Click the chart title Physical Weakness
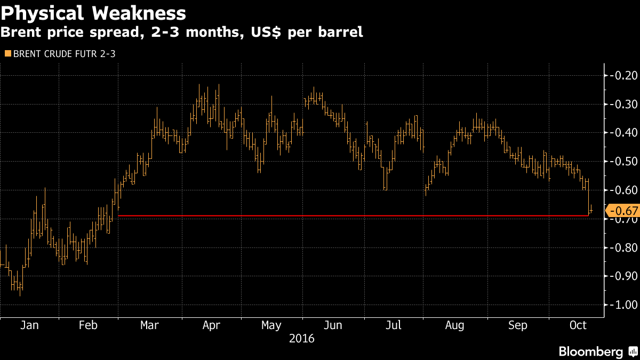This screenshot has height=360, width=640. tap(93, 13)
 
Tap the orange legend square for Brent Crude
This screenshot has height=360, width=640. tap(7, 53)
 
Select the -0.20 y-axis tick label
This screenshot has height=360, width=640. tap(623, 75)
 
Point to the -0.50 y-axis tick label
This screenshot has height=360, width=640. tap(623, 161)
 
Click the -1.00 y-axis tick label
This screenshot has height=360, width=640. tap(623, 305)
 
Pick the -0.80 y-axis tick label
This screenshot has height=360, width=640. tap(623, 247)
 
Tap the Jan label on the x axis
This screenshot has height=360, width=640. tap(30, 325)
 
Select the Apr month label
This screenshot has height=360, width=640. tap(211, 325)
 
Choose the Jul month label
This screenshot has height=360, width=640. tap(394, 325)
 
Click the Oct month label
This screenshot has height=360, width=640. tap(578, 325)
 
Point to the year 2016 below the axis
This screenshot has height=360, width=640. tap(302, 339)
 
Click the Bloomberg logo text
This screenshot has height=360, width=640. tap(590, 352)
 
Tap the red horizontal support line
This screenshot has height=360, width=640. tap(352, 216)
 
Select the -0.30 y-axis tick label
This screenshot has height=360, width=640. tap(623, 103)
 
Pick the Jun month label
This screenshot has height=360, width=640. tap(333, 325)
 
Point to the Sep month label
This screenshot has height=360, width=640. tap(517, 325)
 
